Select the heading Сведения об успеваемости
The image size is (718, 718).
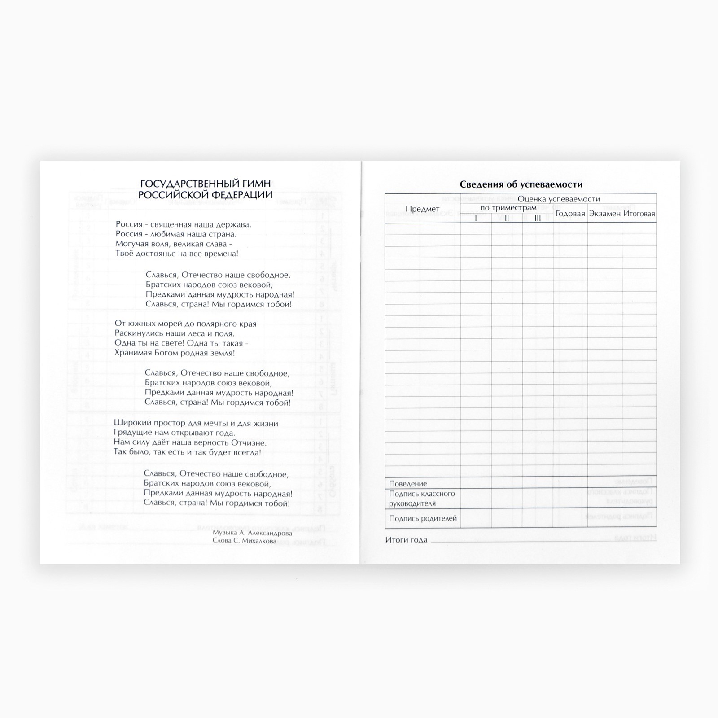tap(521, 184)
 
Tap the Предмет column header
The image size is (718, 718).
tap(422, 209)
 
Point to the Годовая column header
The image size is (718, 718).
tap(570, 214)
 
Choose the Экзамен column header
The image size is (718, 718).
tap(604, 214)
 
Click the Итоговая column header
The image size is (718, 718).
tap(639, 214)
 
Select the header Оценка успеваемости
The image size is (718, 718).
tap(558, 199)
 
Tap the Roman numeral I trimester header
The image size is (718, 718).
tap(476, 218)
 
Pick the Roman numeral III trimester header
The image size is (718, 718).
tap(538, 218)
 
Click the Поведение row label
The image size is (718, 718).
tap(407, 484)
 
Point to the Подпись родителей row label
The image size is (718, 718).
tap(423, 518)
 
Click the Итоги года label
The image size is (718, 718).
tap(406, 540)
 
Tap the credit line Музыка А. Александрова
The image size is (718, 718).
tap(252, 533)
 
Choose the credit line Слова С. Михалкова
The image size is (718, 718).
tap(245, 541)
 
